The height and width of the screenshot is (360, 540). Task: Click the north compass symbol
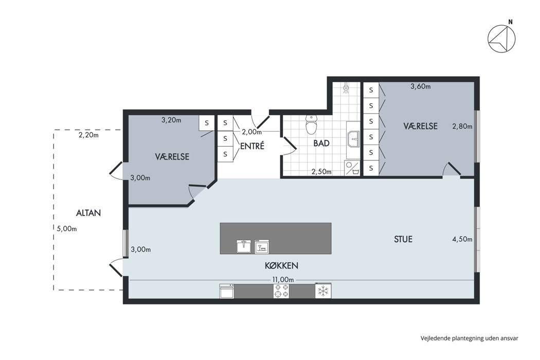click(x=501, y=39)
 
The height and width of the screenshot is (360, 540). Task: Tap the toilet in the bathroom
click(x=311, y=124)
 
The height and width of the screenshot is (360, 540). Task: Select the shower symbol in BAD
click(x=346, y=88)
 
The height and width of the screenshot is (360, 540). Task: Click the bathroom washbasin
click(x=353, y=139)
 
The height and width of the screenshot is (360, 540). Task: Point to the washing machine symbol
click(x=352, y=168)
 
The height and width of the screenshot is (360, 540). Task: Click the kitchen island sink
click(x=244, y=246)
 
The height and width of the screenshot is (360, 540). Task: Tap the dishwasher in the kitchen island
click(x=262, y=246)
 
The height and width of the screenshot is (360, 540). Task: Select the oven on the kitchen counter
click(x=227, y=291)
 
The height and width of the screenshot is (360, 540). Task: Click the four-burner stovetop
click(x=281, y=291)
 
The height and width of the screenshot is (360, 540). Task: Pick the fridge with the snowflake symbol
click(x=323, y=291)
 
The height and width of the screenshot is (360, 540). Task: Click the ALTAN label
click(x=88, y=213)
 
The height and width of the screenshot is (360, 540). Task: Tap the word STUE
click(x=403, y=239)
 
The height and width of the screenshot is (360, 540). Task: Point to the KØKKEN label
click(x=282, y=265)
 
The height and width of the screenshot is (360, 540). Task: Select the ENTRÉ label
click(x=252, y=146)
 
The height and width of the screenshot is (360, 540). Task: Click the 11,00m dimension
click(x=283, y=280)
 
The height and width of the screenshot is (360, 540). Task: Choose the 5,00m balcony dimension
click(x=67, y=228)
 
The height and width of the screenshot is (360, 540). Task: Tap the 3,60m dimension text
click(x=421, y=86)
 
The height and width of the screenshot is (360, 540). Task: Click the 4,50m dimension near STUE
click(x=462, y=239)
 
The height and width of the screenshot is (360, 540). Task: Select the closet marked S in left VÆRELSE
click(x=207, y=122)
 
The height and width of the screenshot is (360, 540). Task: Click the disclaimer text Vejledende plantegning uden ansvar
click(x=470, y=338)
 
